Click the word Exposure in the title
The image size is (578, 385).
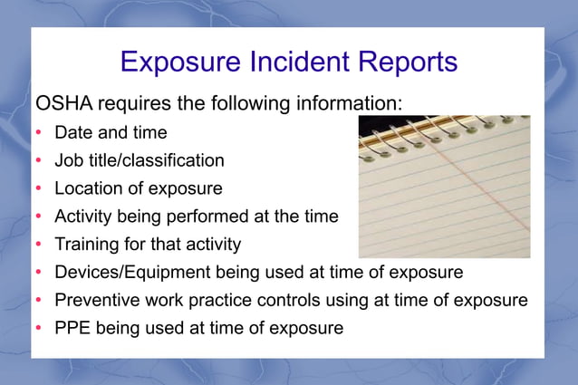pos(172,63)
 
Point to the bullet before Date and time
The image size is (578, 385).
pos(39,133)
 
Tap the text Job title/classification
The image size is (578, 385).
pos(139,160)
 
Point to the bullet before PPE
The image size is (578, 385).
pos(39,328)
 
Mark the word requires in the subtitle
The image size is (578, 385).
pos(142,101)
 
